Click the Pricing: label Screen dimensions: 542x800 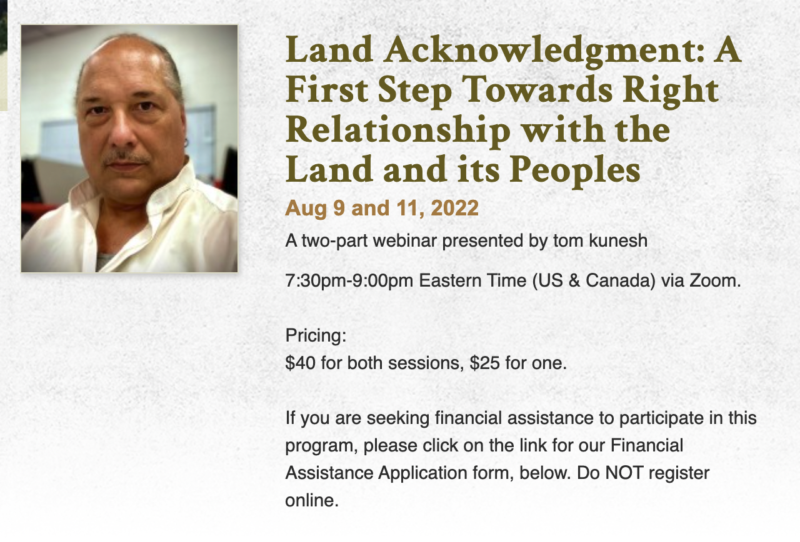[x=316, y=336]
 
